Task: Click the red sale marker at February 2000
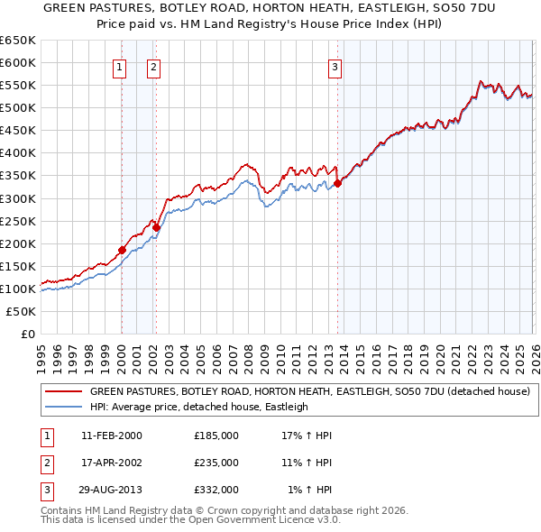pyautogui.click(x=122, y=250)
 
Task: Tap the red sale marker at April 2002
pyautogui.click(x=156, y=227)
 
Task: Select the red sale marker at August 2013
pyautogui.click(x=338, y=183)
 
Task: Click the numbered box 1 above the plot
pyautogui.click(x=120, y=66)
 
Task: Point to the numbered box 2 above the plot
pyautogui.click(x=154, y=66)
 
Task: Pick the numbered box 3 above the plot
pyautogui.click(x=335, y=66)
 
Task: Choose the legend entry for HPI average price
pyautogui.click(x=198, y=407)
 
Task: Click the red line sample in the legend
pyautogui.click(x=63, y=392)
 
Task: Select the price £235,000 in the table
pyautogui.click(x=216, y=463)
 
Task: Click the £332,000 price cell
pyautogui.click(x=216, y=490)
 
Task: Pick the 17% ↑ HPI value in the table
pyautogui.click(x=307, y=436)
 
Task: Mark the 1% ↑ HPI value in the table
pyautogui.click(x=309, y=490)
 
